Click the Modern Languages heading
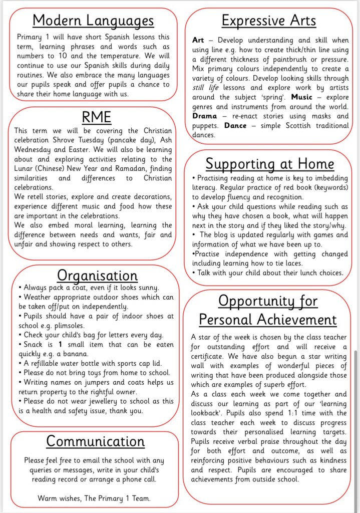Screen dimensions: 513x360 coord(93,21)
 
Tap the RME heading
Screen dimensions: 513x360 coord(96,117)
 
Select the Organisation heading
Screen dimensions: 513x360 coord(97,275)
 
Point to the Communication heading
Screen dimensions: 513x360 coord(95,441)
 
